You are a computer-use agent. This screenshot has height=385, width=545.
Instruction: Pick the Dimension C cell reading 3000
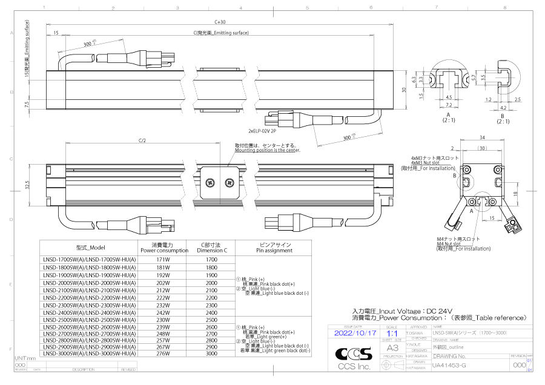coord(211,353)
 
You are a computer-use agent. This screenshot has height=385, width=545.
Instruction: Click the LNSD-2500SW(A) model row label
coord(90,320)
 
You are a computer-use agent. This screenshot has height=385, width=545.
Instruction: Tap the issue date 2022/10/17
coord(355,333)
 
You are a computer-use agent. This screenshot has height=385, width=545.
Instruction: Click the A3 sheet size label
coord(392,348)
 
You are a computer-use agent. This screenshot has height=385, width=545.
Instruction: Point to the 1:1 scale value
coord(392,333)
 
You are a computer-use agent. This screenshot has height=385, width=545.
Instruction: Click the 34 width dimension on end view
coord(481,137)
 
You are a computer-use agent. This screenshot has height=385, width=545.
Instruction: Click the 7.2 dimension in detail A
coord(449,105)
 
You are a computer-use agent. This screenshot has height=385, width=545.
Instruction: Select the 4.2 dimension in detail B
coord(503,107)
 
